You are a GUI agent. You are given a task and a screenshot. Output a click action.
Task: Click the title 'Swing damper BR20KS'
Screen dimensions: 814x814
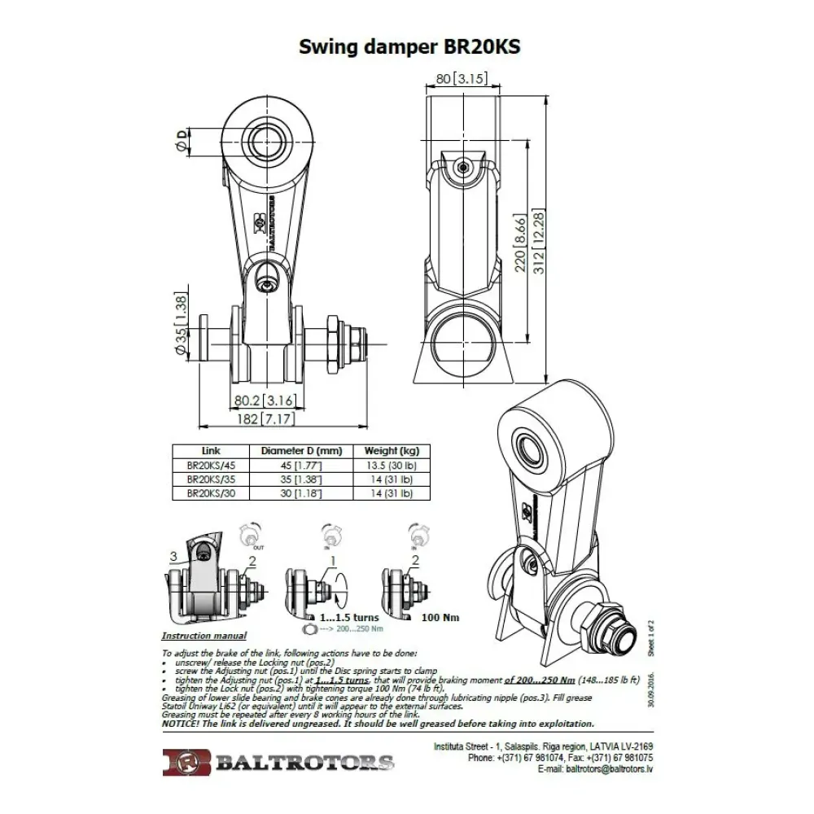[409, 46]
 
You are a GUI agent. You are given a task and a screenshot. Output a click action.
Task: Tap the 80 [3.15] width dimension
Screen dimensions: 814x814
[462, 79]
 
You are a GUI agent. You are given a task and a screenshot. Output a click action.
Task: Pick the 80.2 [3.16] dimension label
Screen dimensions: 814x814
[263, 400]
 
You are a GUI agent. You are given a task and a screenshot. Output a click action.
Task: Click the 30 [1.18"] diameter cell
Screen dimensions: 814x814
[301, 493]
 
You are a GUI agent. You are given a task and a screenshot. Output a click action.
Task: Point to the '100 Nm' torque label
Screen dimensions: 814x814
[440, 617]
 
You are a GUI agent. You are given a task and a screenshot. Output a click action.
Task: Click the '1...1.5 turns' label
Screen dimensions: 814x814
[349, 617]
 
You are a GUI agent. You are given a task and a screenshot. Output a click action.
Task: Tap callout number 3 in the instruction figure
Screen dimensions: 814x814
[173, 556]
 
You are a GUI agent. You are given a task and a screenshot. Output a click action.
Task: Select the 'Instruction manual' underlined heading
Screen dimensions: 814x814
[203, 636]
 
